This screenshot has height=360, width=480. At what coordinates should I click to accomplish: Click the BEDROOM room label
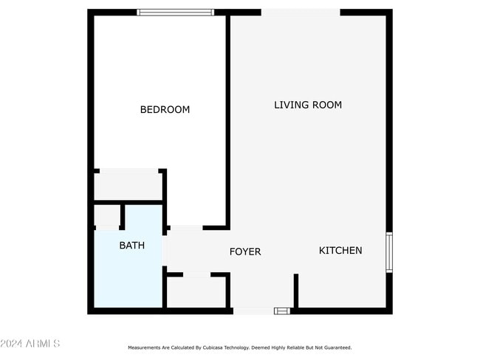point(165,110)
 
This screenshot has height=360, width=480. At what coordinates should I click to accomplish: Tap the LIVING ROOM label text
point(308,105)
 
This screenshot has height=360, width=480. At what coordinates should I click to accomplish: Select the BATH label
point(132,246)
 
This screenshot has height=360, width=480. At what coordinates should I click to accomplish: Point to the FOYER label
point(244,252)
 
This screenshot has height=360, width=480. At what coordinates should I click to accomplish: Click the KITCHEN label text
point(340,250)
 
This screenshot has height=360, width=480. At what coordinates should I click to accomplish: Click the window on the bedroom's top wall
point(176,13)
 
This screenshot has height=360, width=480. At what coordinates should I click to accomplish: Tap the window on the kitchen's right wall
point(389,253)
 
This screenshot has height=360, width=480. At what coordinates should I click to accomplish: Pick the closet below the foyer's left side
point(196,292)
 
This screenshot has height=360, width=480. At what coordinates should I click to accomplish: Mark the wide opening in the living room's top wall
point(301,13)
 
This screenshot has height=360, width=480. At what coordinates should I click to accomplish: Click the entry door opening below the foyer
point(253,311)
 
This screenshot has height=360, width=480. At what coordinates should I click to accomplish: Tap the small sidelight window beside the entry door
point(282,311)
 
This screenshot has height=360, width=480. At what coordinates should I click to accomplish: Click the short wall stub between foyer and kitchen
point(296,290)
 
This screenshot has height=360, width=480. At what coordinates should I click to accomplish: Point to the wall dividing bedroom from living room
point(227,118)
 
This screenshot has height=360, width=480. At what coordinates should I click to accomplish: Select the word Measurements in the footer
point(144,347)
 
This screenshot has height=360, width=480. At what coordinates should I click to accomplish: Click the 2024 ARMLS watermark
point(30,344)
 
